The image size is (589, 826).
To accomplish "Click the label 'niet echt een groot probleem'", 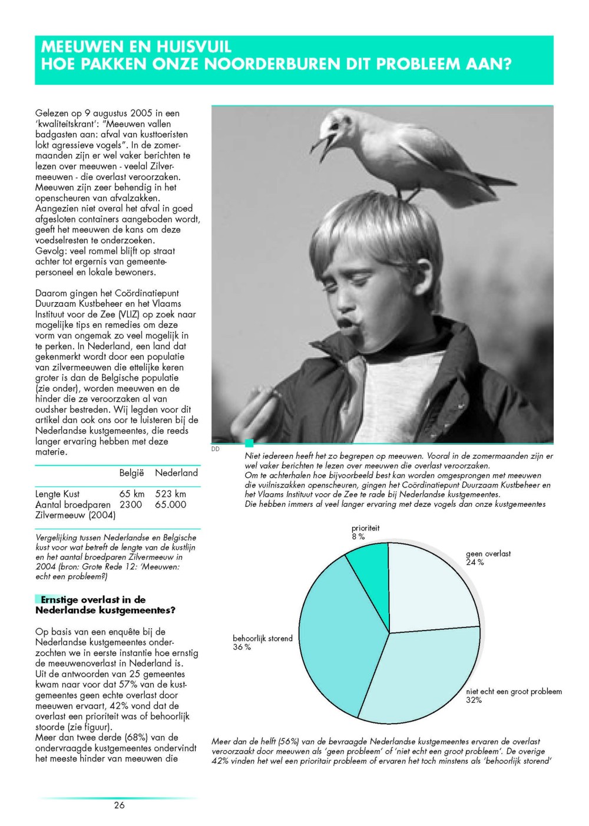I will coord(514,691).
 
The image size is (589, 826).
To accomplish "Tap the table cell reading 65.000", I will coord(170,505).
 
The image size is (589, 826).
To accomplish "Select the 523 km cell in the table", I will coord(170,494).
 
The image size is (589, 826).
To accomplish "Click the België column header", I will coord(131,473).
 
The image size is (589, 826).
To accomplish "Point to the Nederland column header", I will coord(176,473).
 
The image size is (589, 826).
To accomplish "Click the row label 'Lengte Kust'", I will coord(57,494).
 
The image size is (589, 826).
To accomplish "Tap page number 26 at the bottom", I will coord(120,805).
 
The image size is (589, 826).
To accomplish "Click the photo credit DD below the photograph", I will coord(215,449).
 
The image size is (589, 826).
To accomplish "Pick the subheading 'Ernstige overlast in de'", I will coord(93,599).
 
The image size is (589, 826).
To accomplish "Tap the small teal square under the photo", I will coord(249,443).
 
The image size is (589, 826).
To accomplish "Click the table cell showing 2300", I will coord(131,505).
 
